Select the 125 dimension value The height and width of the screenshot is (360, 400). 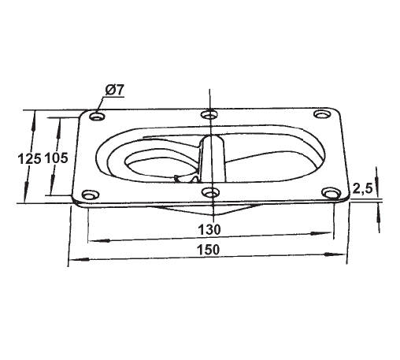(28, 158)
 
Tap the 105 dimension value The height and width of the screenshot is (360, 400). (57, 158)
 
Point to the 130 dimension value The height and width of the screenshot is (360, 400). (209, 229)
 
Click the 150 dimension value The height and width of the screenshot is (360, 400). (209, 249)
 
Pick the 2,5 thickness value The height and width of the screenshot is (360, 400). (363, 189)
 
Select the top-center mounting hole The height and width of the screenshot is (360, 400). (209, 115)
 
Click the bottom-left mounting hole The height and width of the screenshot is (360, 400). (88, 193)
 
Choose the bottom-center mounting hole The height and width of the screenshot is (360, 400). (209, 191)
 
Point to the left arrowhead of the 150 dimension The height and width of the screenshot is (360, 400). (73, 260)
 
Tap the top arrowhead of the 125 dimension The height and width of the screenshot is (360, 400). (34, 115)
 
